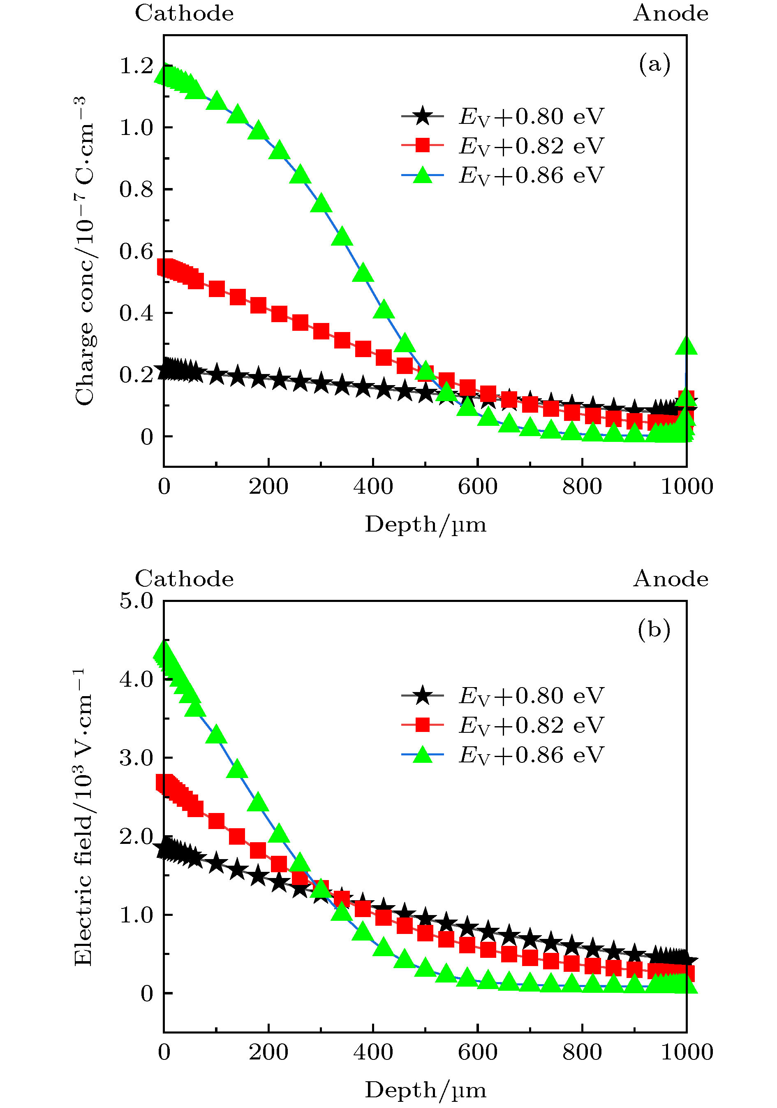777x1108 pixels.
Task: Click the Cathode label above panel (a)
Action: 184,13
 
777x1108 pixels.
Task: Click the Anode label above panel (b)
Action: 671,578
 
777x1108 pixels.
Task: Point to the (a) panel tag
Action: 654,64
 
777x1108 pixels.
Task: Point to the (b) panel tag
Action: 654,629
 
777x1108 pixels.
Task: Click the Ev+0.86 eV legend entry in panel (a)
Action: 502,175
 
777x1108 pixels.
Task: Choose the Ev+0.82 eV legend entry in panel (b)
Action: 502,725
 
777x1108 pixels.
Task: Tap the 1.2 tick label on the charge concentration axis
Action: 136,66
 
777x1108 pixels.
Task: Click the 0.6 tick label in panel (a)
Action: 136,251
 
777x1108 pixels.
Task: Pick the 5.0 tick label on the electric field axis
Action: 136,601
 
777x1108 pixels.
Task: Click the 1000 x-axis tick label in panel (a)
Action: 686,486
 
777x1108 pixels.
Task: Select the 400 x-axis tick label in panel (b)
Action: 373,1052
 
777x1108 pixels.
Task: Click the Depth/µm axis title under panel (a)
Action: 425,524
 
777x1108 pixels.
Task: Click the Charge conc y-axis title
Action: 83,251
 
